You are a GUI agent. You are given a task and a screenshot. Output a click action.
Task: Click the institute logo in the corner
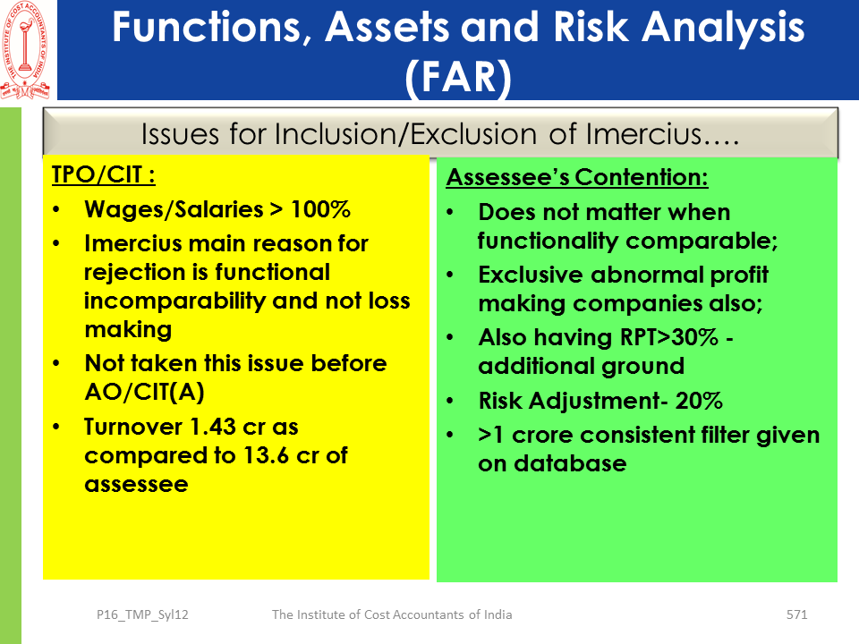(25, 50)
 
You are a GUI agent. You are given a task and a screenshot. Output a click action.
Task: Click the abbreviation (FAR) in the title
(458, 77)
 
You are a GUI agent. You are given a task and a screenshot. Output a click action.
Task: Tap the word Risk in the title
(591, 27)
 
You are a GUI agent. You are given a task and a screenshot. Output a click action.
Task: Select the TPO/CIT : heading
(104, 175)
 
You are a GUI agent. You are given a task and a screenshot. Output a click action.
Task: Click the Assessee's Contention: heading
(577, 177)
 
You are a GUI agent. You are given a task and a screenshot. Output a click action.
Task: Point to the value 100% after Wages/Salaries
(320, 209)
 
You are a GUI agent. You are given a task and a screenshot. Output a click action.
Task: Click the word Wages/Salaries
(174, 209)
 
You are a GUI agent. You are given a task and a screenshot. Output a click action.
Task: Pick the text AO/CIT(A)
(145, 392)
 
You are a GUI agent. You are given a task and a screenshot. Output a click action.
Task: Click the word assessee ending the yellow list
(136, 485)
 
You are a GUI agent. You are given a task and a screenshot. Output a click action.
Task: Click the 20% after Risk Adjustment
(699, 401)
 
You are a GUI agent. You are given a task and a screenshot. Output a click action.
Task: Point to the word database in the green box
(570, 464)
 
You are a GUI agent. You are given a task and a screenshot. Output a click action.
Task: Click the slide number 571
(796, 614)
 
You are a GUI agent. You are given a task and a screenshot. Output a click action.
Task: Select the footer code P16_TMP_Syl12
(142, 615)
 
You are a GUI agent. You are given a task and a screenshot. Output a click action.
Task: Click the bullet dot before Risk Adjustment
(450, 402)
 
